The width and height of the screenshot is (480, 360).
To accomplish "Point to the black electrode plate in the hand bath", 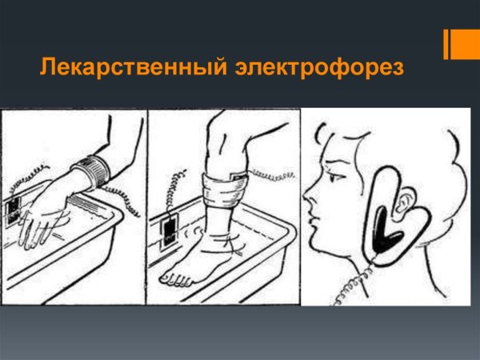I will (14, 210).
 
